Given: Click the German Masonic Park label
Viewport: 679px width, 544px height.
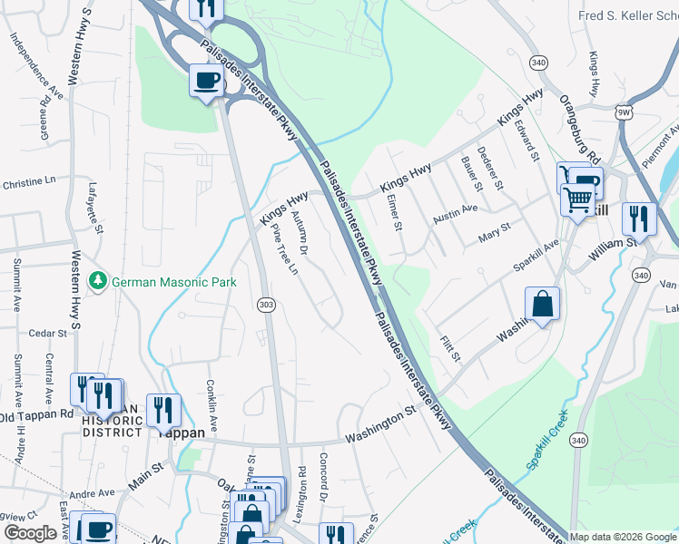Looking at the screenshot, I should pos(173,282).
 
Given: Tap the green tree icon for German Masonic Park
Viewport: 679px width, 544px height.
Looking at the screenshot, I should pos(99,282).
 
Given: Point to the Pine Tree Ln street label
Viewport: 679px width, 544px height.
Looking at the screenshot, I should pos(285,248).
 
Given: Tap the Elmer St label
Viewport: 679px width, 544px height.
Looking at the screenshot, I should pos(393,213).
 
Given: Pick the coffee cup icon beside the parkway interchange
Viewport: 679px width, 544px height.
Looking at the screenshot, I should pos(206,80).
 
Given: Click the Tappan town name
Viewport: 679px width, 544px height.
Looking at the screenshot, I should pos(182,432).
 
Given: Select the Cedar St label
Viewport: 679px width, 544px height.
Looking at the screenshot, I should pos(49,334).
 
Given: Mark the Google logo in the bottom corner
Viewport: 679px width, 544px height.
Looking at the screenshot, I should pos(30,533).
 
